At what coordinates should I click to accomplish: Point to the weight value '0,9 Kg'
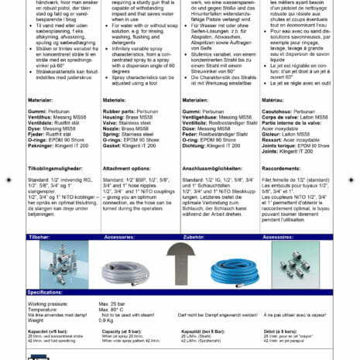tap(108, 321)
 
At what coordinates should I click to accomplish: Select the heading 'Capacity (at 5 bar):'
tap(124, 331)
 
